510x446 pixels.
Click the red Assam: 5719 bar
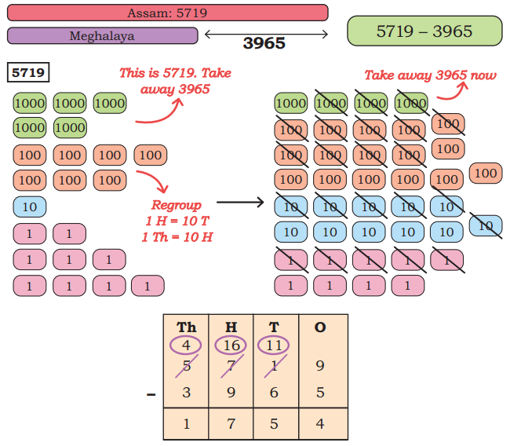(x=167, y=13)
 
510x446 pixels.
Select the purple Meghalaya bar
(x=102, y=36)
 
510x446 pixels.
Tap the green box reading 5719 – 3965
(x=424, y=31)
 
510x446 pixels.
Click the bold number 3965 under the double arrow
(x=264, y=44)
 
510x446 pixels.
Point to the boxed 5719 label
(x=29, y=73)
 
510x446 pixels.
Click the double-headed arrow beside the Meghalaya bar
(x=266, y=33)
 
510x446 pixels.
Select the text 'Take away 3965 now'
(x=430, y=75)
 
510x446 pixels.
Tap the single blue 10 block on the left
(x=29, y=207)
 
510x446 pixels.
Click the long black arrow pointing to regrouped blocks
(x=239, y=203)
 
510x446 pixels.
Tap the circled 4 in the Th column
(x=187, y=344)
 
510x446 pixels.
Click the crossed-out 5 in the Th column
(x=187, y=366)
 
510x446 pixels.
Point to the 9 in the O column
(x=319, y=366)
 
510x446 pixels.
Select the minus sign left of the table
(x=151, y=393)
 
